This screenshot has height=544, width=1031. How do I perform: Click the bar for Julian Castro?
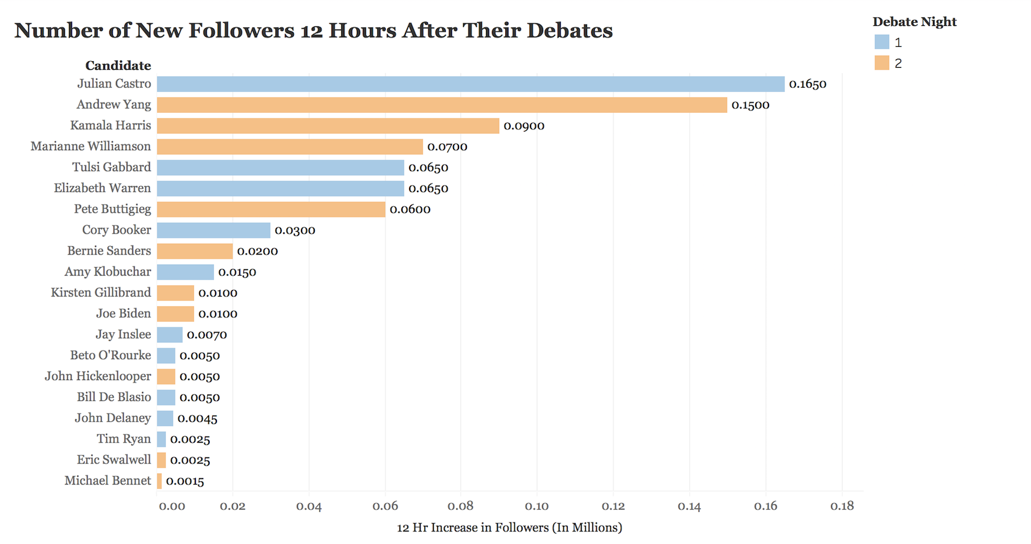tap(470, 84)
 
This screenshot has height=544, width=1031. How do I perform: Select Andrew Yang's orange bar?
tap(442, 105)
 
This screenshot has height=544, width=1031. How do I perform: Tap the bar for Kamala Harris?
tap(327, 125)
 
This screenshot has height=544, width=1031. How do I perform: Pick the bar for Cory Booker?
tap(213, 230)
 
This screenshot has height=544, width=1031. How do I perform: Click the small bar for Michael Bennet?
tap(159, 481)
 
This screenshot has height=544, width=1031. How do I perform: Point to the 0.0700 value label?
tap(447, 147)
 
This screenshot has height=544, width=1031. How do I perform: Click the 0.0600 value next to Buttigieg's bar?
tap(410, 210)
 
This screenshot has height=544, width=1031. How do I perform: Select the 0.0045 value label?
tap(197, 419)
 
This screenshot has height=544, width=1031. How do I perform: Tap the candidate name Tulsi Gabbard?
tap(112, 167)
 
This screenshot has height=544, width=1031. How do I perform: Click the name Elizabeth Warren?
tap(102, 188)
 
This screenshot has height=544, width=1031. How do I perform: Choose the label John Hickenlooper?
tap(98, 376)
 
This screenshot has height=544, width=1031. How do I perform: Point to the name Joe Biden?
tap(123, 313)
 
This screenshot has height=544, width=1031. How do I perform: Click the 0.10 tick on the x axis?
tap(537, 506)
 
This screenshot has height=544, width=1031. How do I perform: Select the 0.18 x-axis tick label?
tap(842, 506)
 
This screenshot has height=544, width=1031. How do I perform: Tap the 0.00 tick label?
tap(172, 506)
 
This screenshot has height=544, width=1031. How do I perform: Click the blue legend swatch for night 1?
tap(881, 42)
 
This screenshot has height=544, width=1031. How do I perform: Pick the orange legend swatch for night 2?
tap(881, 63)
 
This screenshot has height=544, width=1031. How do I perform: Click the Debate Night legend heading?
tap(914, 22)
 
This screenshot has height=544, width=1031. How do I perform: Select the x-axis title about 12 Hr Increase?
tap(509, 528)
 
